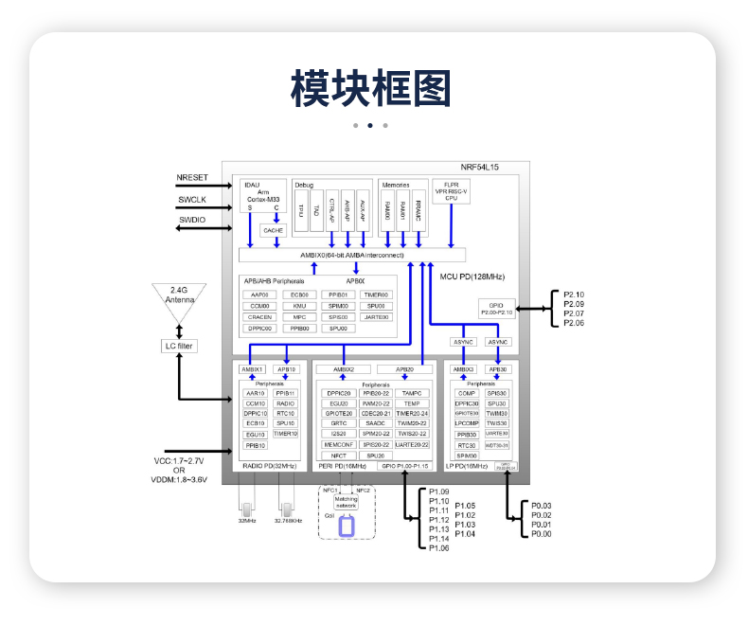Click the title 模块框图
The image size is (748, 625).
(x=370, y=89)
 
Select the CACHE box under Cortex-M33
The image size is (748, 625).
(x=273, y=230)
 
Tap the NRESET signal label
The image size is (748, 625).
(x=192, y=178)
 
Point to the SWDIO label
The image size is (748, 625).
(x=192, y=220)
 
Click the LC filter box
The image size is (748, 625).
(x=179, y=346)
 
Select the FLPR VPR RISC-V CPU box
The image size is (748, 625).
(x=451, y=191)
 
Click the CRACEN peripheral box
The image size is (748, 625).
(x=259, y=317)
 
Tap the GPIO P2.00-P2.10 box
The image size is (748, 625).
(x=496, y=308)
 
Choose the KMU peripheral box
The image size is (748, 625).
(x=298, y=306)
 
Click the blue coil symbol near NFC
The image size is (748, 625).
(x=347, y=526)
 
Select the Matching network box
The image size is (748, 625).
(x=346, y=502)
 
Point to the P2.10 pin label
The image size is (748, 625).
(x=574, y=295)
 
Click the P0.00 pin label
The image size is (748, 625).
(x=541, y=534)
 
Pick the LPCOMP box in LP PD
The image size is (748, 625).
(x=466, y=423)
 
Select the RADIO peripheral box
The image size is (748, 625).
(x=285, y=403)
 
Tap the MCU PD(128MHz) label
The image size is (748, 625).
(x=472, y=277)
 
